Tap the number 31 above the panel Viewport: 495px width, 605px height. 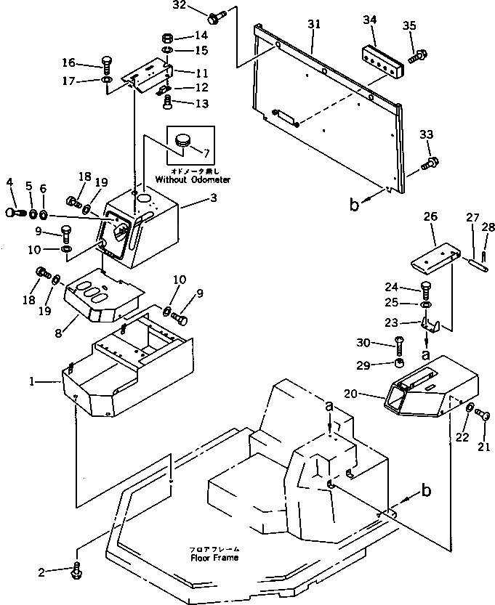tap(313, 24)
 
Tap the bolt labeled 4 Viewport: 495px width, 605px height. tap(15, 213)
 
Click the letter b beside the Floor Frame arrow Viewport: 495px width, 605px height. tap(426, 491)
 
